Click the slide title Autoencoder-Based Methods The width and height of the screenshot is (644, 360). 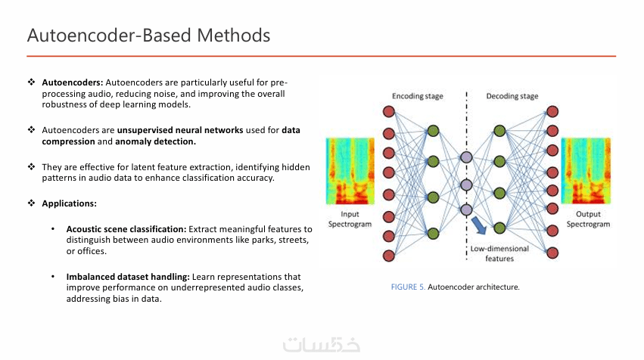tap(148, 36)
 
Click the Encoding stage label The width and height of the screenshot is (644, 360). tap(417, 96)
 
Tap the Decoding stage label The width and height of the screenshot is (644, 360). tap(512, 96)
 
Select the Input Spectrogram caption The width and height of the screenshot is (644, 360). tap(350, 219)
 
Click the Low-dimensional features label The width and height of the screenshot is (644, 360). tap(499, 253)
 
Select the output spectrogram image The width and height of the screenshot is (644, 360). tap(586, 172)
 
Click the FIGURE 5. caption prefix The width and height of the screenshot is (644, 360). tap(408, 287)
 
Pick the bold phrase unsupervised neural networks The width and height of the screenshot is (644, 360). tap(180, 130)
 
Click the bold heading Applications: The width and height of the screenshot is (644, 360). tap(69, 203)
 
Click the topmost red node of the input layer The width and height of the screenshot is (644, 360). tap(390, 112)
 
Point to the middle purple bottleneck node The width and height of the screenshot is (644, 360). tap(466, 184)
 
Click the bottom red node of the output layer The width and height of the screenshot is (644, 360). tap(552, 252)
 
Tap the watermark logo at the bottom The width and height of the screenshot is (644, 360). tap(322, 344)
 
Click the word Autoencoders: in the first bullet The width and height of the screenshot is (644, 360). tap(73, 82)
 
